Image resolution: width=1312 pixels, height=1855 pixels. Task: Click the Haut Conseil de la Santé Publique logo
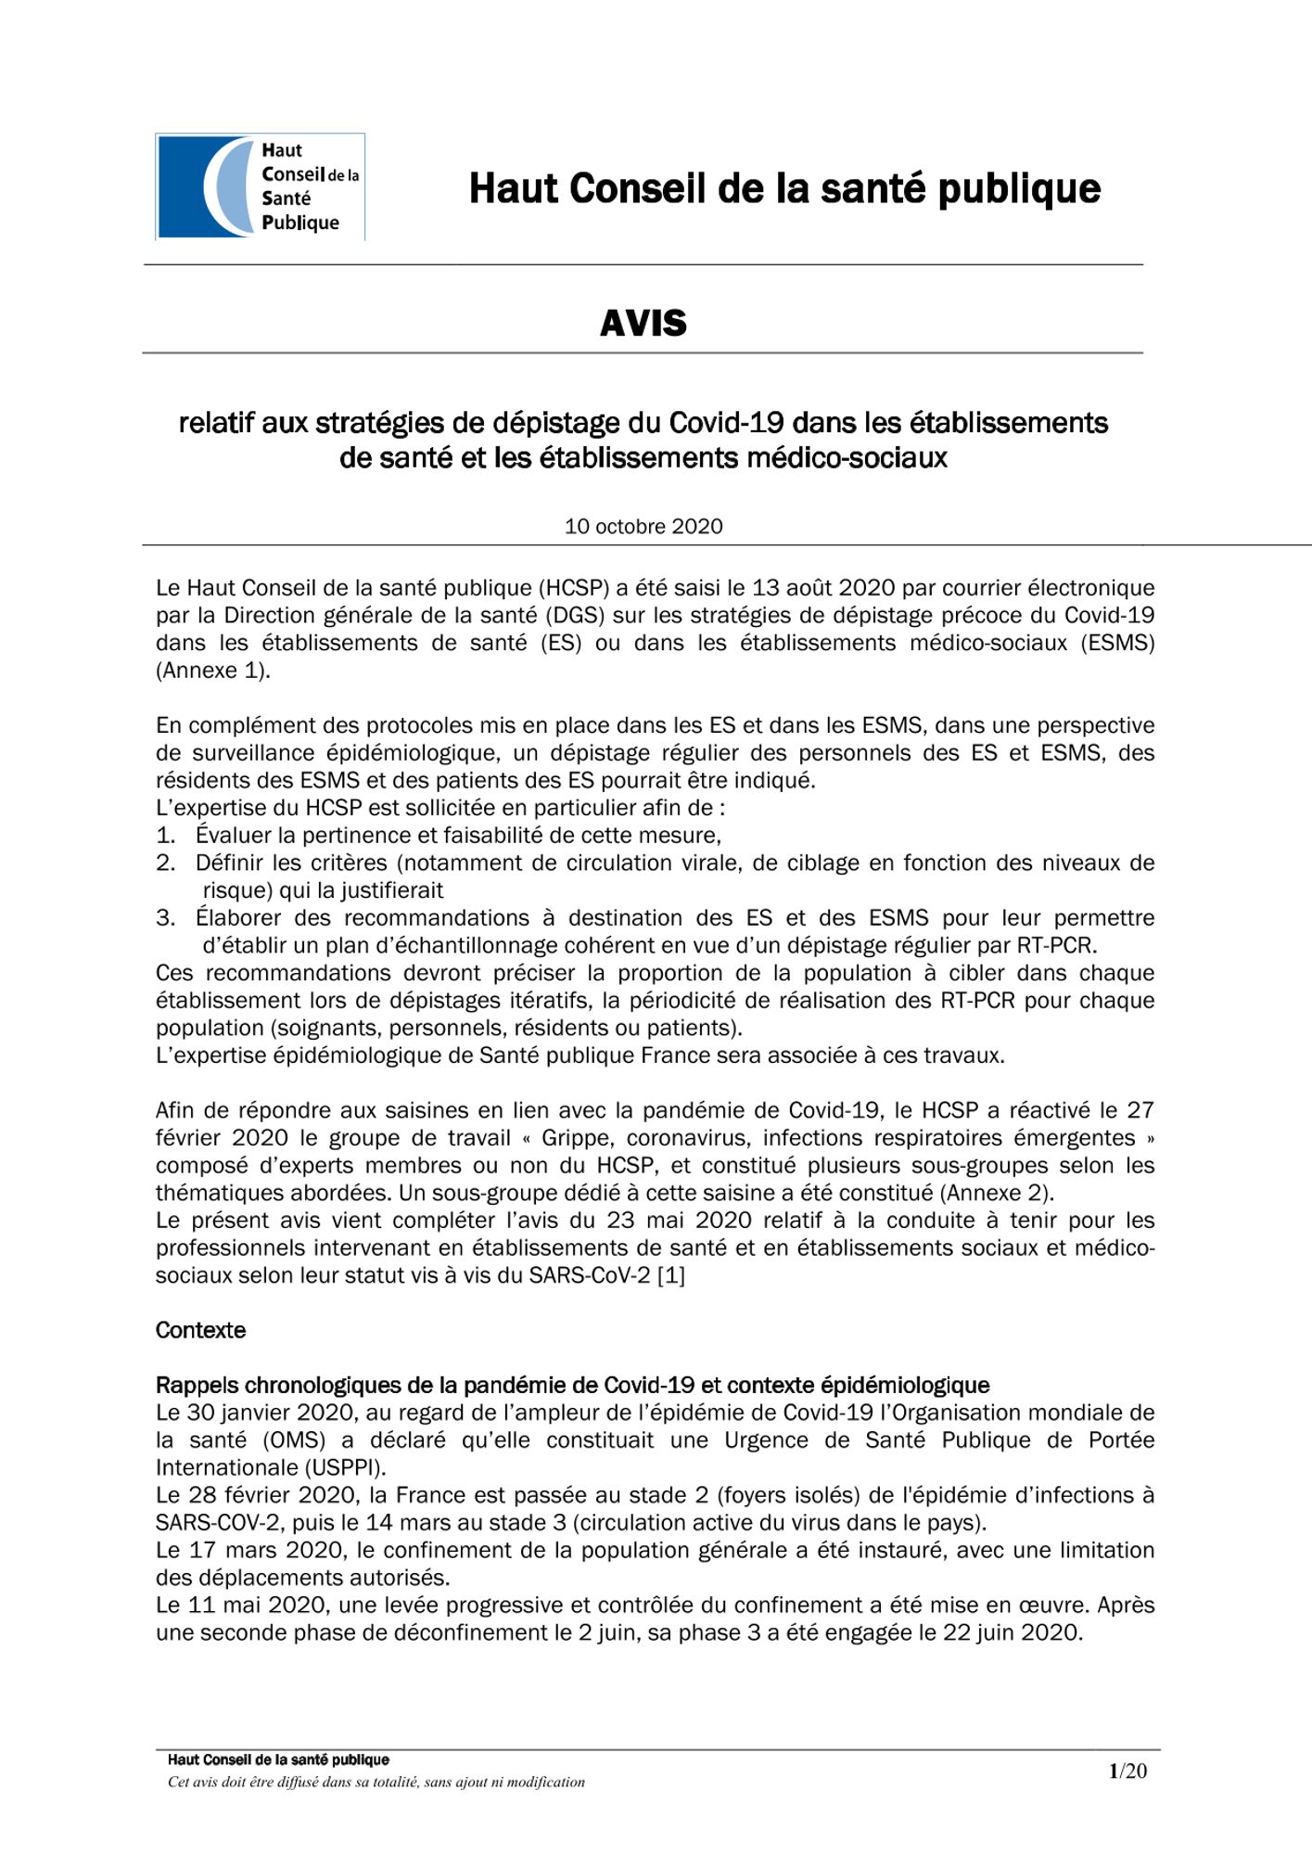[x=260, y=186]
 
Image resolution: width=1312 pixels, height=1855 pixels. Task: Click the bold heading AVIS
[x=643, y=324]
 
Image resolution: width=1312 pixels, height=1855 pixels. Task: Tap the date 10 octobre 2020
[x=643, y=527]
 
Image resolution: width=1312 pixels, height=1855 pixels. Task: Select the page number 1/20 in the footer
[x=1127, y=1771]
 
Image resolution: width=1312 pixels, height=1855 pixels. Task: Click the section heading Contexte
[x=200, y=1330]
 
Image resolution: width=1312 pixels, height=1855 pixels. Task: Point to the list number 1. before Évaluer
[x=165, y=836]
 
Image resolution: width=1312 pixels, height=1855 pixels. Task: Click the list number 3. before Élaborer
[x=165, y=918]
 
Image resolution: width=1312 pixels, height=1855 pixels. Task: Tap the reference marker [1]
[x=670, y=1275]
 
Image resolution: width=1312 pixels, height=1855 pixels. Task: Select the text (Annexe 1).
[x=213, y=671]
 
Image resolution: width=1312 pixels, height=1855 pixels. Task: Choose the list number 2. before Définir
[x=165, y=864]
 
